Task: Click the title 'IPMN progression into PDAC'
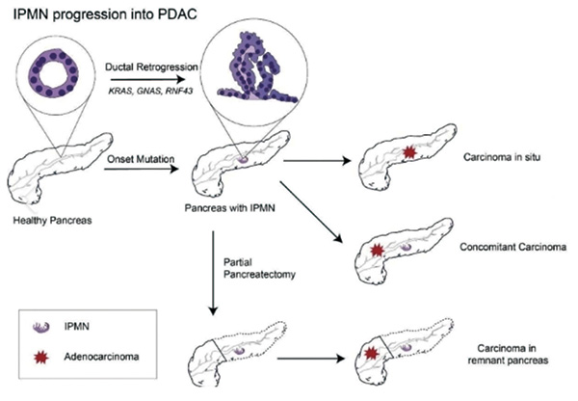(x=105, y=13)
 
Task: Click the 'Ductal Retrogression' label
(x=151, y=67)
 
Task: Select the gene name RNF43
(x=179, y=92)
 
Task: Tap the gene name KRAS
(x=120, y=92)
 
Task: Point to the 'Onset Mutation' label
(x=141, y=159)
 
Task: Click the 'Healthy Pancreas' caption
(x=52, y=221)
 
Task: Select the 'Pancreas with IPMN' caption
(x=229, y=208)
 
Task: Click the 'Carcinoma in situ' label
(x=502, y=157)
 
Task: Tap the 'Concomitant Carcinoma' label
(x=512, y=247)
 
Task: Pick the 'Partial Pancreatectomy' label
(x=259, y=269)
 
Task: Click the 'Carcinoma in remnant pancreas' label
(x=508, y=354)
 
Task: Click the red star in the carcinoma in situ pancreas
(x=408, y=152)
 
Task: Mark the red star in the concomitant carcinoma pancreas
(x=377, y=251)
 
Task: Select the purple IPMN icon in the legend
(x=40, y=327)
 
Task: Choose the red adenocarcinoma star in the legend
(x=40, y=357)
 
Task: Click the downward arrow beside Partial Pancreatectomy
(x=213, y=273)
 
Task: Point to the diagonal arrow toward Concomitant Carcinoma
(x=311, y=212)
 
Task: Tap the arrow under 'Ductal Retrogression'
(x=147, y=79)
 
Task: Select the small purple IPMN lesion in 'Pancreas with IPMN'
(x=242, y=160)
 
